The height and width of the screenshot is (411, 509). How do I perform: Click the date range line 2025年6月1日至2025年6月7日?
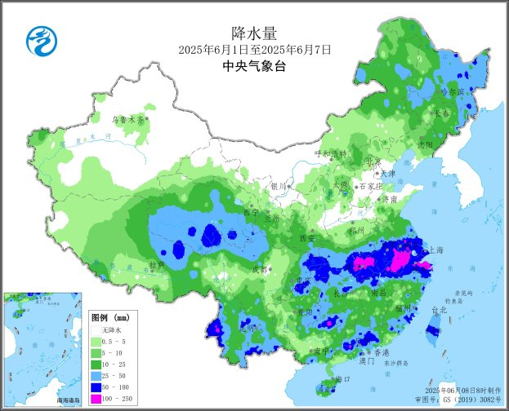click(254, 51)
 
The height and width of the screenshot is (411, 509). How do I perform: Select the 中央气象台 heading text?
click(254, 68)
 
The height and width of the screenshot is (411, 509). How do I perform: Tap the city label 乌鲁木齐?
click(127, 119)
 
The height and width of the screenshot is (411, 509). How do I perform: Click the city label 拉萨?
click(157, 265)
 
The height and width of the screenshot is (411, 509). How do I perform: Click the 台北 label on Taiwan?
click(439, 310)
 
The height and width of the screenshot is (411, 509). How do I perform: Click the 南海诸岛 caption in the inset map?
click(68, 400)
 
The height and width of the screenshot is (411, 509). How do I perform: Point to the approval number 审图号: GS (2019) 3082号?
click(461, 400)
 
